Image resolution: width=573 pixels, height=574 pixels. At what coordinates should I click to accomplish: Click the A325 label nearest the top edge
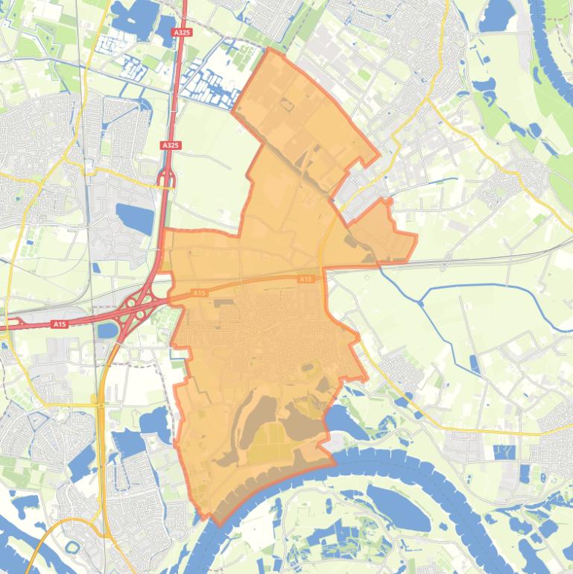[181, 33]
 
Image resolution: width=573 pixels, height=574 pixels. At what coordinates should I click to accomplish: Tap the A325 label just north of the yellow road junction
[170, 145]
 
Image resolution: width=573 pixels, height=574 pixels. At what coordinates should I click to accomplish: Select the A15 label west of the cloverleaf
[60, 324]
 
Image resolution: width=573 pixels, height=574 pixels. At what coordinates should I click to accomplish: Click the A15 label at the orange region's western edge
[199, 293]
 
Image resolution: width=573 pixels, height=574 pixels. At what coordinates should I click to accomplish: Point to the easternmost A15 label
[305, 279]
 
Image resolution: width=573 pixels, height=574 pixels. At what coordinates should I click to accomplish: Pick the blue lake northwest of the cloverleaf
[135, 218]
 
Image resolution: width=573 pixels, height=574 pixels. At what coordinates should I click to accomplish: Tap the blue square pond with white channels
[504, 452]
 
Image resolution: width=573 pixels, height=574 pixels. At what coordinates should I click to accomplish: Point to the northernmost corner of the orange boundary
[268, 48]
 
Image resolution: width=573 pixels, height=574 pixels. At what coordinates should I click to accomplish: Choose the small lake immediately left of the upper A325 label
[165, 30]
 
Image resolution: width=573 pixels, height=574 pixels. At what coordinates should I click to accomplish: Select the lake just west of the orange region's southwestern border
[156, 422]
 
